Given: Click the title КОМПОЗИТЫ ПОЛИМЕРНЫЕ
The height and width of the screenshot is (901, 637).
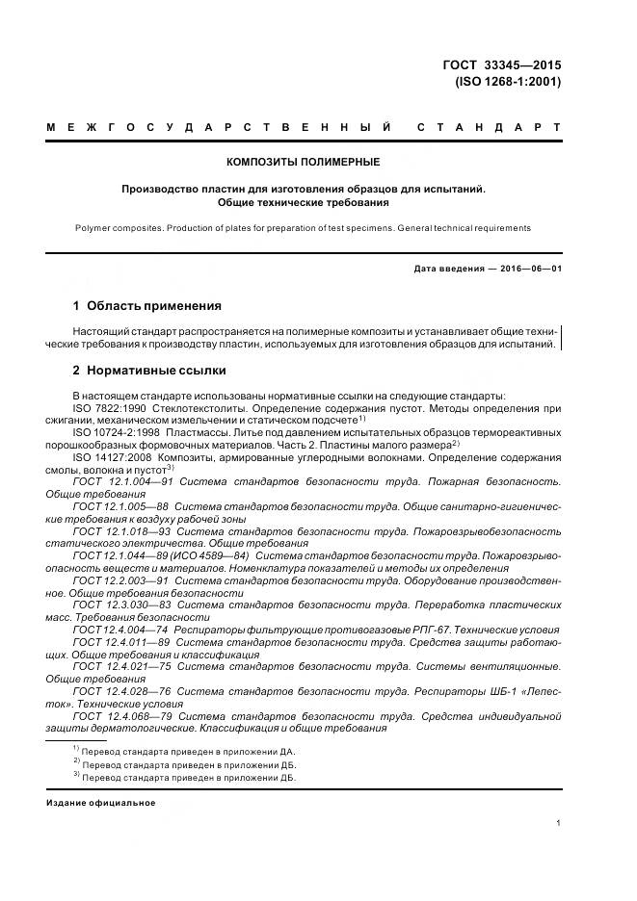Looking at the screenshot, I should coord(303,162).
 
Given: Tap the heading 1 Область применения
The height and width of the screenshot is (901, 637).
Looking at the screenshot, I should coord(146,306).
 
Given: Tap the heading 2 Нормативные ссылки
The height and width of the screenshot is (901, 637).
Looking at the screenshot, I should coord(148,371).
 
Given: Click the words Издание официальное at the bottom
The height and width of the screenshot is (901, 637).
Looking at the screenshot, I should coord(100,802).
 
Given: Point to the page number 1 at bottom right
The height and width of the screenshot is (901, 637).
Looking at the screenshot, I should coord(559,822).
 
